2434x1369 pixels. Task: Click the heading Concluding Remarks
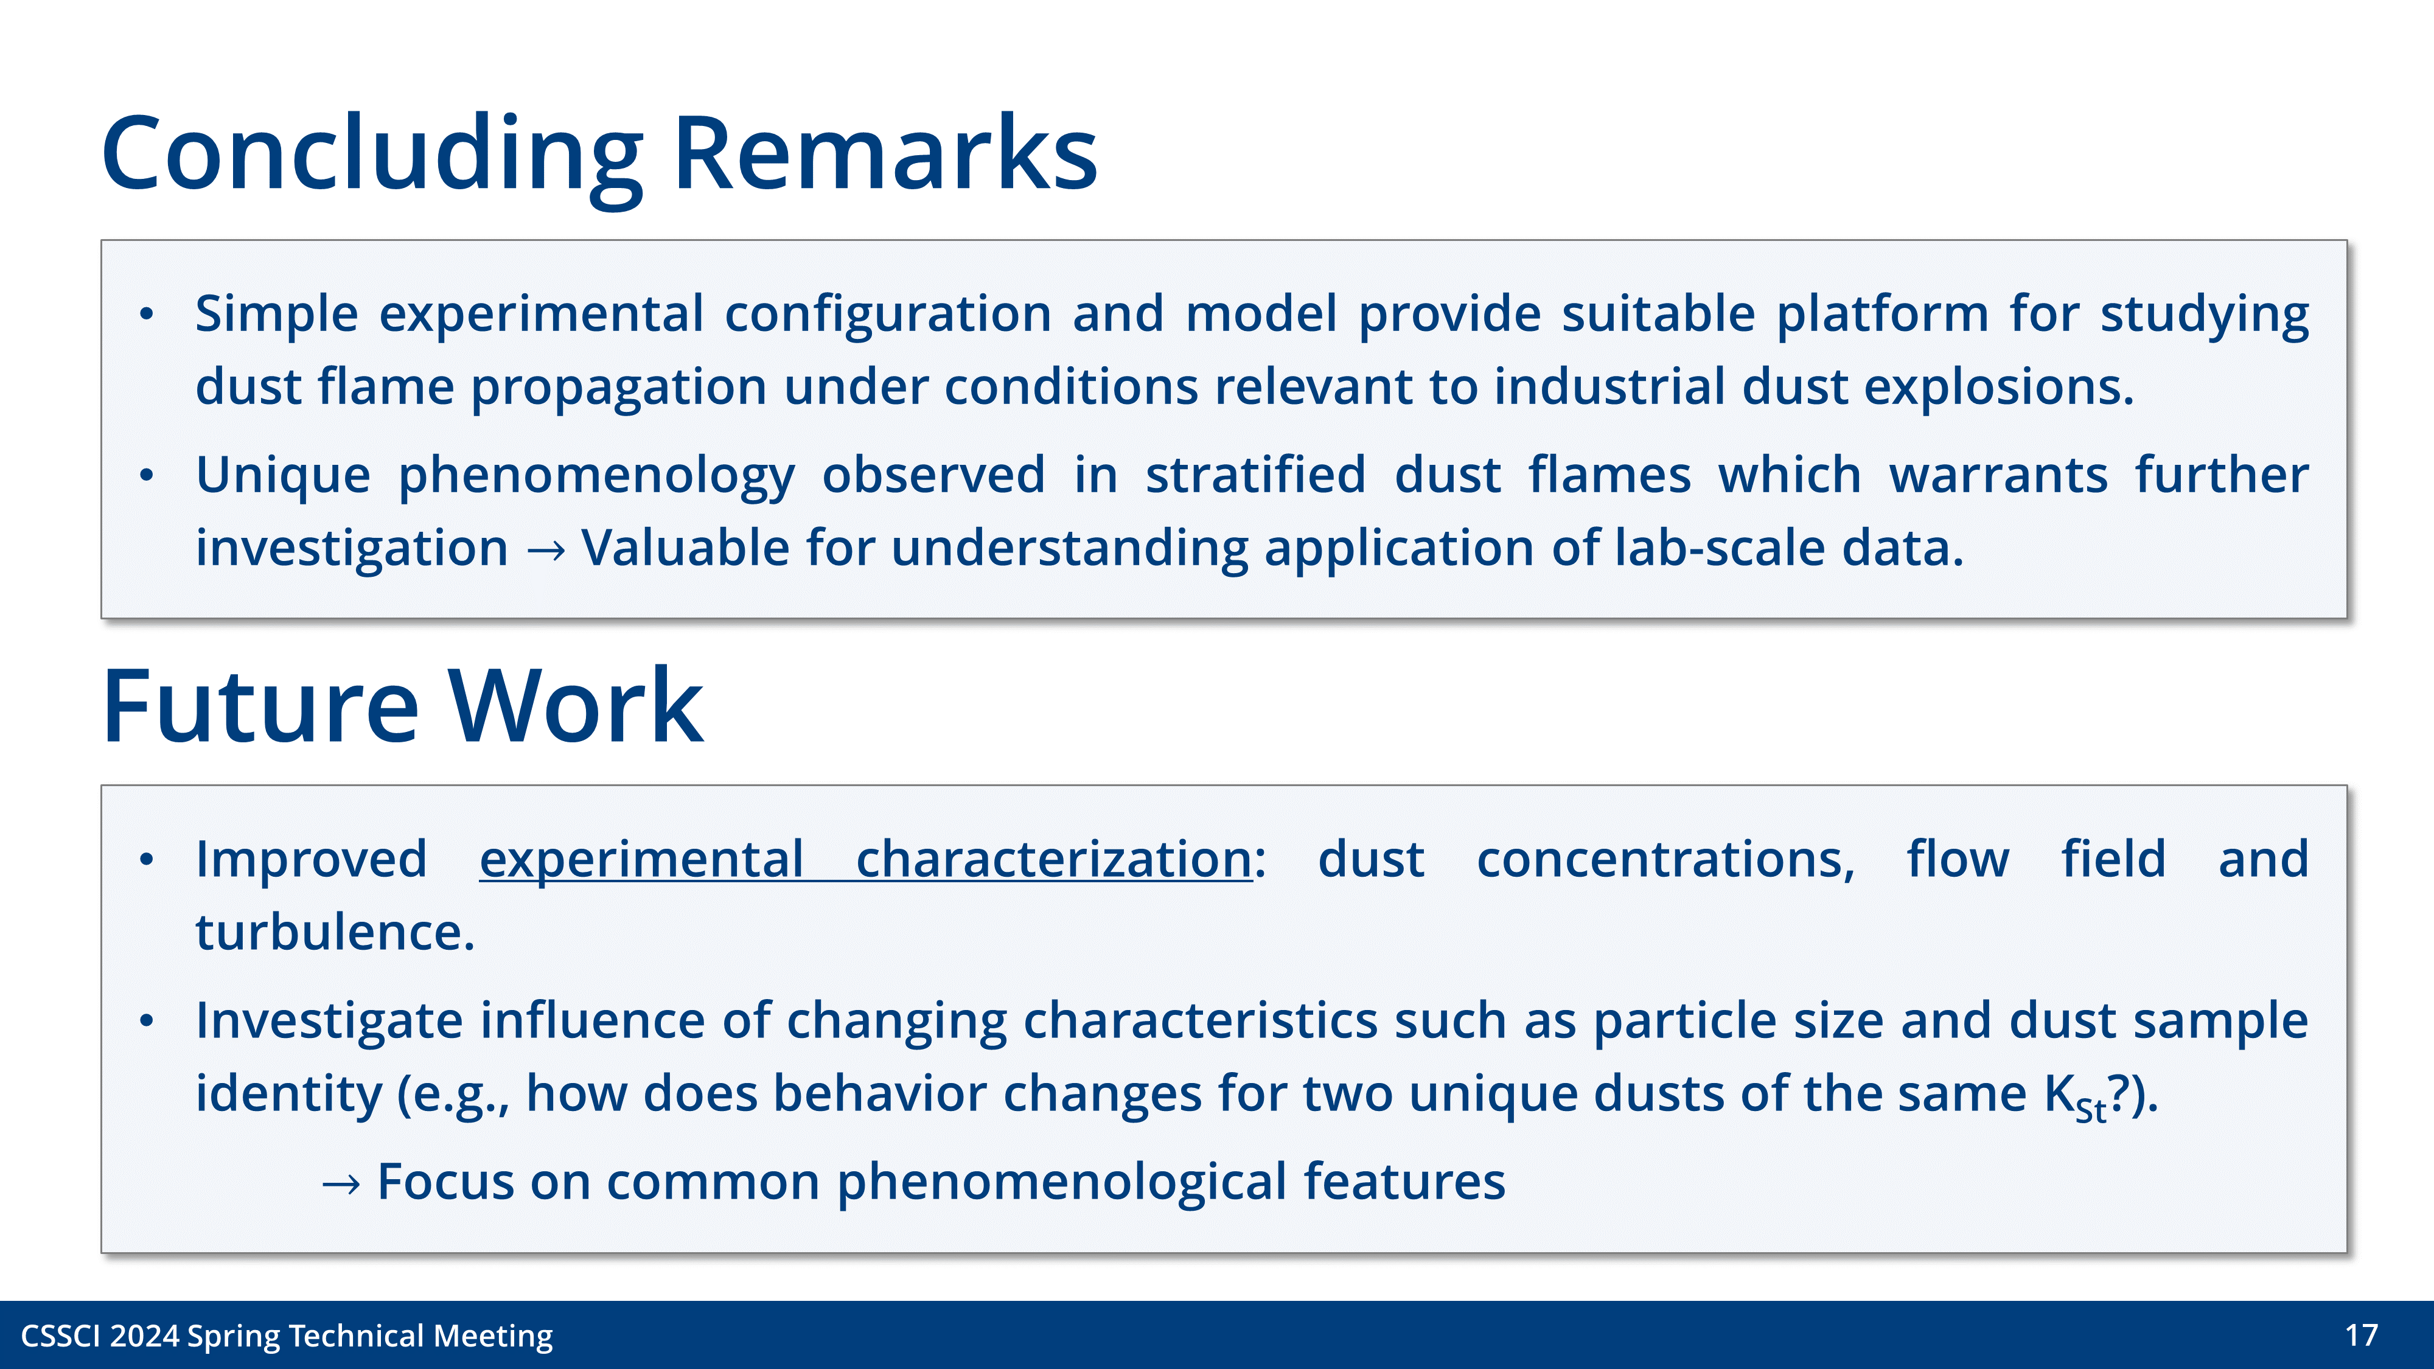[599, 153]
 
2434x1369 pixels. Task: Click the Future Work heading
[402, 706]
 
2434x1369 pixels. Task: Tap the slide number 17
[2360, 1335]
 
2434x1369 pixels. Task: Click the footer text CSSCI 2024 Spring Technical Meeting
[286, 1336]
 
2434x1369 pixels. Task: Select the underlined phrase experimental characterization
[865, 860]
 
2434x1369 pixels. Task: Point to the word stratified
[1255, 475]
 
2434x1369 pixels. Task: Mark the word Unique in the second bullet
[282, 475]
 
